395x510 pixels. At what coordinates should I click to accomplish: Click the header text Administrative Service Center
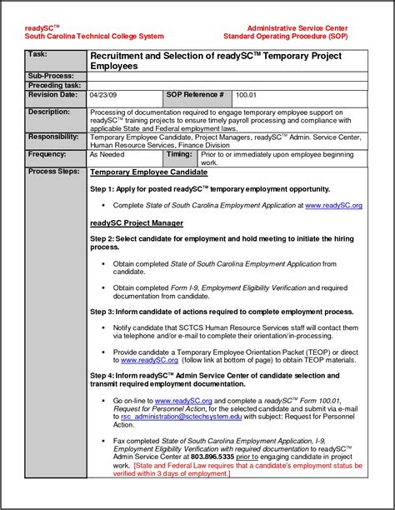[297, 28]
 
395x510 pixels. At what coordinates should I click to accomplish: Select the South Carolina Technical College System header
[94, 37]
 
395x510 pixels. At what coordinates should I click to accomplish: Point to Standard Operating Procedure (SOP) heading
[286, 37]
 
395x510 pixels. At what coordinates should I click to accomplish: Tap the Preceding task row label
[54, 85]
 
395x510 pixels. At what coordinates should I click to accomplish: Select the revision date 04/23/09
[104, 96]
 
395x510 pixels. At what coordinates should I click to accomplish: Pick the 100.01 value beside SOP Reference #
[247, 96]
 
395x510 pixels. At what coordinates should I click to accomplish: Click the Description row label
[49, 111]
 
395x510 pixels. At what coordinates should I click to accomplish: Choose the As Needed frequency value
[107, 155]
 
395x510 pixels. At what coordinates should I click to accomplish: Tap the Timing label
[179, 154]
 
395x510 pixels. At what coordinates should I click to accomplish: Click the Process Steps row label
[54, 171]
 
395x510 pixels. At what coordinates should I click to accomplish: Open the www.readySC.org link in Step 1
[333, 205]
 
